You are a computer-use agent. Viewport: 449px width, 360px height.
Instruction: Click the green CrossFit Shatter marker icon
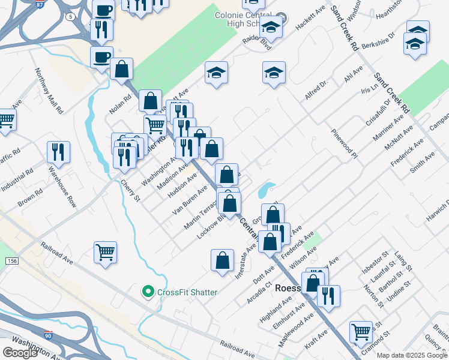pyautogui.click(x=148, y=292)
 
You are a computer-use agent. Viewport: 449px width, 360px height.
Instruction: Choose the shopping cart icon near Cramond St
pyautogui.click(x=361, y=331)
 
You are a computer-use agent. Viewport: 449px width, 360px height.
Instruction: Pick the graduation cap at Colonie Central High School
pyautogui.click(x=271, y=27)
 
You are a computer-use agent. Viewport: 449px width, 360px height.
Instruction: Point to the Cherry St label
pyautogui.click(x=130, y=190)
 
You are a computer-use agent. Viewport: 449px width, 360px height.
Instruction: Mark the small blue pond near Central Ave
pyautogui.click(x=265, y=191)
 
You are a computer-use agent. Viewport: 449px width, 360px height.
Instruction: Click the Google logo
pyautogui.click(x=20, y=353)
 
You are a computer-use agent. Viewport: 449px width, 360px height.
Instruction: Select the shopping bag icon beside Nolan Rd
pyautogui.click(x=121, y=69)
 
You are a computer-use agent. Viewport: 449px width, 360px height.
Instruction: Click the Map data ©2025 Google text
pyautogui.click(x=411, y=355)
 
